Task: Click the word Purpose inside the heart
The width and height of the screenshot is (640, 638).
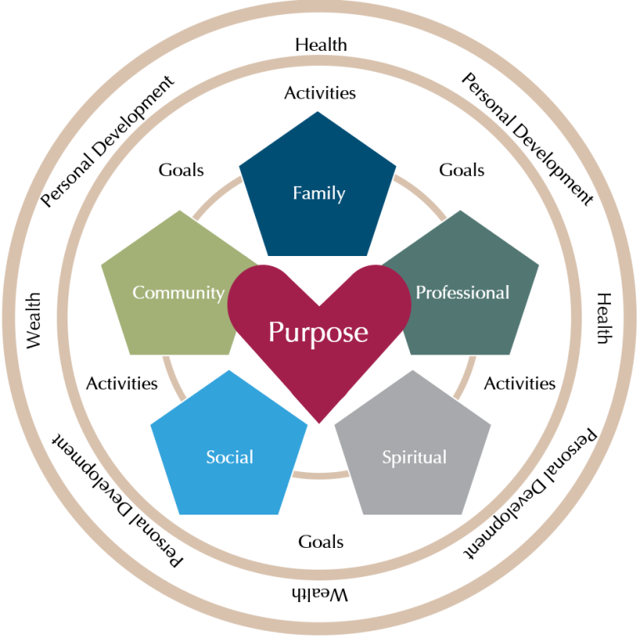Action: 317,332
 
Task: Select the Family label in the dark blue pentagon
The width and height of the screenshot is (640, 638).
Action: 318,193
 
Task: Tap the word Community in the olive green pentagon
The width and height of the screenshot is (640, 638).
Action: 178,293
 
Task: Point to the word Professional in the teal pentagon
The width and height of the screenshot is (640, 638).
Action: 462,293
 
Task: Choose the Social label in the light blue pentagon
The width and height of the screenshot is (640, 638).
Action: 229,457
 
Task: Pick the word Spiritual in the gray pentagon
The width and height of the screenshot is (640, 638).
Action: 414,457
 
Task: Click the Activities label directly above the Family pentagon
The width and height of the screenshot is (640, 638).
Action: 319,93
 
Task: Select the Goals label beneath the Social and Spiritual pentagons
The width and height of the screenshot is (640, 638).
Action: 321,542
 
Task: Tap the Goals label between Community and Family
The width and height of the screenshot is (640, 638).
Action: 181,170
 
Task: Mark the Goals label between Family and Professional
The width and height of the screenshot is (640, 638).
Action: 462,170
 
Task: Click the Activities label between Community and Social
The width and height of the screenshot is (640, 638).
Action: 122,384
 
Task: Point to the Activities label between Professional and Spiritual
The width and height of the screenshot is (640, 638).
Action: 519,384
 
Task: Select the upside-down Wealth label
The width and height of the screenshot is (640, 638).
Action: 320,595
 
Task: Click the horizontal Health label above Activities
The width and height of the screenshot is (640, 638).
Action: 321,44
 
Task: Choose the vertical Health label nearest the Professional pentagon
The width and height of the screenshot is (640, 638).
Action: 604,319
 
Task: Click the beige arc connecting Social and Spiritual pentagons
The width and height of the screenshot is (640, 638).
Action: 321,476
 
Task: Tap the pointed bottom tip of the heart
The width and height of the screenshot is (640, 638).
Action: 319,419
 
